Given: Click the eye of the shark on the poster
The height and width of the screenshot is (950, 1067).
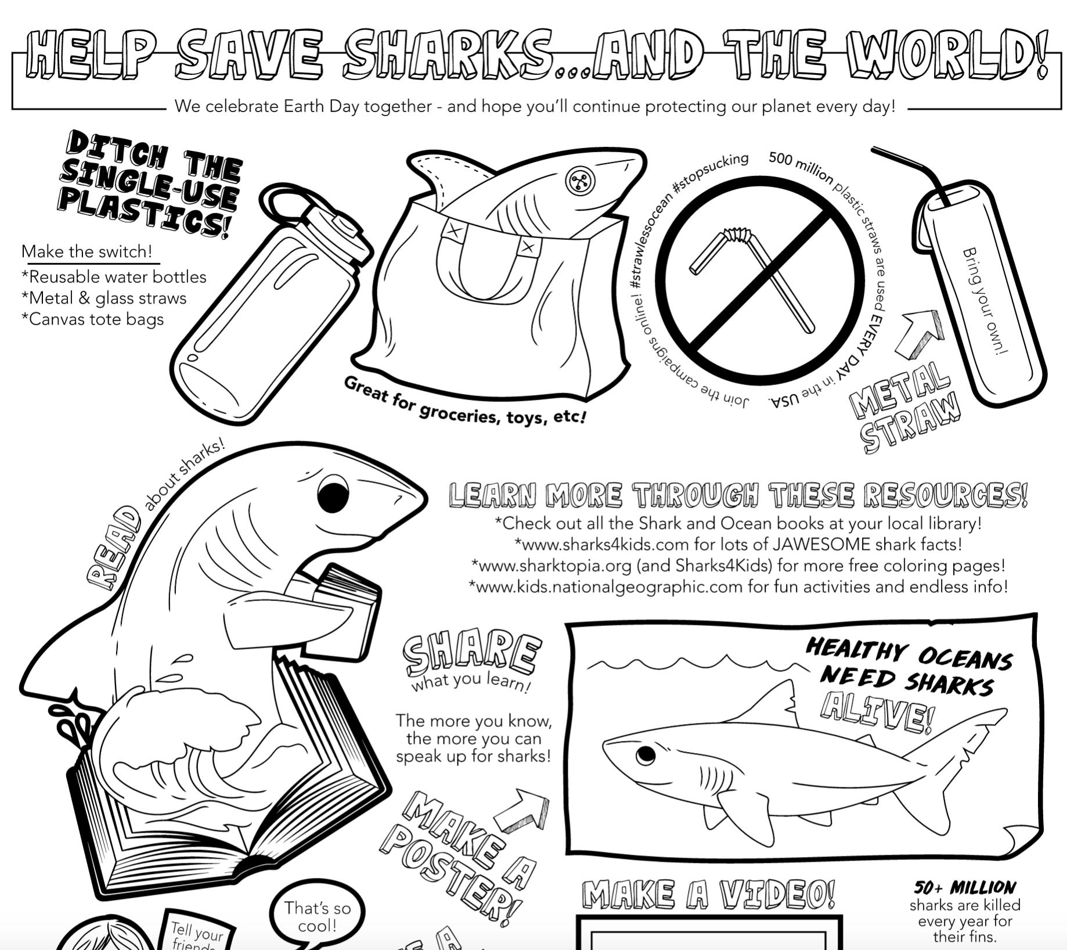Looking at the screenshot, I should tap(645, 755).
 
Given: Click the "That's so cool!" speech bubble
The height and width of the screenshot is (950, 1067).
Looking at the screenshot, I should tap(318, 917).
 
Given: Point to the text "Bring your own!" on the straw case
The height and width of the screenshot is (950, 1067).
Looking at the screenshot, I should tap(985, 301).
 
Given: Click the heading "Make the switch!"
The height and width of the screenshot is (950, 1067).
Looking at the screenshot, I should tap(87, 251).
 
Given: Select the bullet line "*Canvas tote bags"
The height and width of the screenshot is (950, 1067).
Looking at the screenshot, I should tap(93, 319).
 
